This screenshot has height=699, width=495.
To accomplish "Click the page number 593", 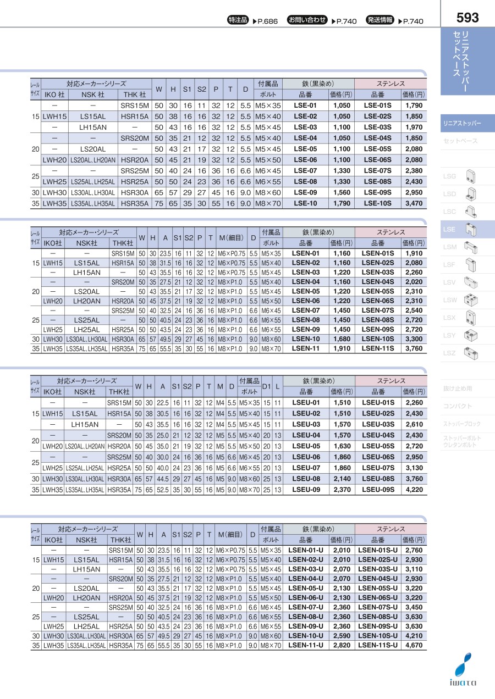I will [x=468, y=18].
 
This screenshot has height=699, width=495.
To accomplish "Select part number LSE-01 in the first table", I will [x=305, y=105].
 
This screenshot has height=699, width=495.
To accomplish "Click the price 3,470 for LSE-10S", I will [x=414, y=203].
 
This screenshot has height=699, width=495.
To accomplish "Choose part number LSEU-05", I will [x=305, y=446].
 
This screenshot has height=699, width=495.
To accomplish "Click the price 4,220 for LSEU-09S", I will [x=414, y=489].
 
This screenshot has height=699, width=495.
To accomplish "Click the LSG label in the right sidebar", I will [x=450, y=176].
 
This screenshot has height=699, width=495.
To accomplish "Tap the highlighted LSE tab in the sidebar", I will [x=449, y=229].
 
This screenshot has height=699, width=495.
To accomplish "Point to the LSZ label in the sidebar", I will [x=450, y=353].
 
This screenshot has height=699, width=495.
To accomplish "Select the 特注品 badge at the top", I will [x=239, y=20].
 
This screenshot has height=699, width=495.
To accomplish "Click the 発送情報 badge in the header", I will [x=380, y=20].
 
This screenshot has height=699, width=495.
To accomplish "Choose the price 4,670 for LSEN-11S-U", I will [x=414, y=645].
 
